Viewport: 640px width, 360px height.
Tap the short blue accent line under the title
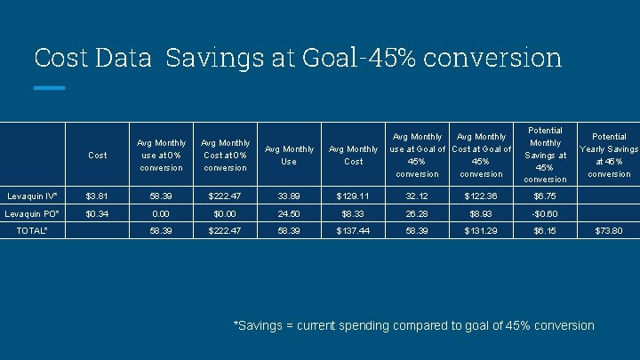[49, 88]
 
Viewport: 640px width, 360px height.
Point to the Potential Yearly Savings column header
[609, 155]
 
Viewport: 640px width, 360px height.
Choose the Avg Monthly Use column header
[289, 155]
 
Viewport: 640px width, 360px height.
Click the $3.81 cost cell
[97, 196]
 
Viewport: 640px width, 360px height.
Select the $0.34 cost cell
[97, 214]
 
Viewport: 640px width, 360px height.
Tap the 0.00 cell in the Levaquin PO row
[161, 214]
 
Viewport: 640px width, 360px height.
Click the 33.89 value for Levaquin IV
[289, 196]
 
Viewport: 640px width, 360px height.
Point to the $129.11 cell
[353, 196]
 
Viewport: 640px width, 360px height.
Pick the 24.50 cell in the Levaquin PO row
[289, 214]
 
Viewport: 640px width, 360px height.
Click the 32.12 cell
[417, 196]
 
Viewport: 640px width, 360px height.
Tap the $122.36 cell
[481, 196]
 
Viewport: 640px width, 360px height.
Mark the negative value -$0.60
[544, 214]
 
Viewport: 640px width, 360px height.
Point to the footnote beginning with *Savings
[413, 325]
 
